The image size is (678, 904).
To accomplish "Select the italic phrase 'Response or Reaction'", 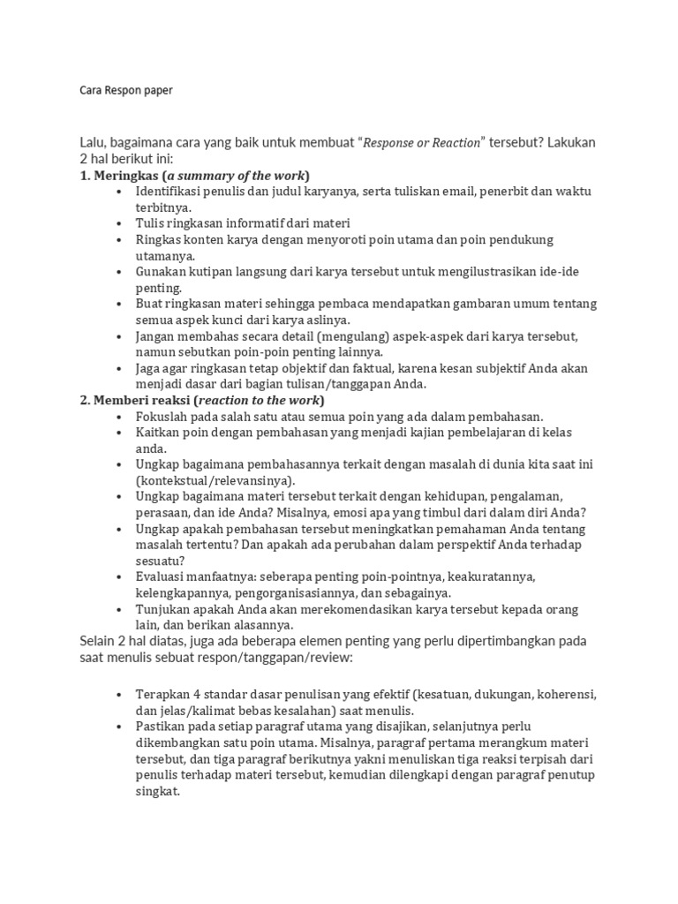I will point(423,142).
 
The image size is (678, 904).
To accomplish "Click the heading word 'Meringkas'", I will point(126,175).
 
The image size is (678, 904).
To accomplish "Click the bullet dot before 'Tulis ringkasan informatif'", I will point(119,224).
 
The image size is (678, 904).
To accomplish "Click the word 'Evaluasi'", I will point(163,576).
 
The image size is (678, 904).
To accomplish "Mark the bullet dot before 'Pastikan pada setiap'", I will point(119,727).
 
